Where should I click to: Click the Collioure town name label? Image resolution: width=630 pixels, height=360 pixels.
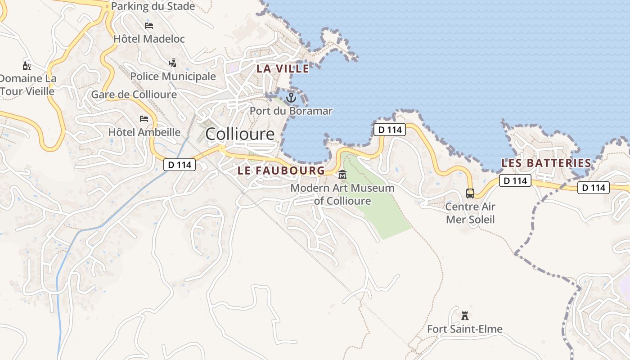point(239,134)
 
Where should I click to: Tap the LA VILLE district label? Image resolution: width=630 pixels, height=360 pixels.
point(283,69)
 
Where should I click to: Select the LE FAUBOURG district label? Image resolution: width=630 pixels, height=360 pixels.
point(281,171)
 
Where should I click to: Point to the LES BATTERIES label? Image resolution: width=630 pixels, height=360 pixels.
point(546,163)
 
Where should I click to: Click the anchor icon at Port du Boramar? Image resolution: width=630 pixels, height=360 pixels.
point(291,97)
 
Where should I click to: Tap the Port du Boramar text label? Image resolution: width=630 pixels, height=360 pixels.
point(291,111)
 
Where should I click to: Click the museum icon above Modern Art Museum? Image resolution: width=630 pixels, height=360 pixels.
point(342,174)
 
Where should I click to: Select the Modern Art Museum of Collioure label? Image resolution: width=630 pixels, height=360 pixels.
point(342,194)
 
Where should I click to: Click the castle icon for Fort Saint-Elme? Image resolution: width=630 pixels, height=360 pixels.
point(465,315)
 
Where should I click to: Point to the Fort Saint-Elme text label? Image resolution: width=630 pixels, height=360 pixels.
point(465,329)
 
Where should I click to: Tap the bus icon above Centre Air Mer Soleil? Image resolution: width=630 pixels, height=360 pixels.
point(470,193)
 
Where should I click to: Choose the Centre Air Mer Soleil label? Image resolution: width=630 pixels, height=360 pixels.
point(470,213)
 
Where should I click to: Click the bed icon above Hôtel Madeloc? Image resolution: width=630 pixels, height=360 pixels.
point(149,25)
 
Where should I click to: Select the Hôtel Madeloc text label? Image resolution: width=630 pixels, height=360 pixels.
point(149,39)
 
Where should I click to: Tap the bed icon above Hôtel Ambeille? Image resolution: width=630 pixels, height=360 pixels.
point(144,119)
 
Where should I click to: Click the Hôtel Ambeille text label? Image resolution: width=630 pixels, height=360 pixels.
point(144,132)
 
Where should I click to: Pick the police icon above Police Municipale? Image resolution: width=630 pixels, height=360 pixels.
point(172,63)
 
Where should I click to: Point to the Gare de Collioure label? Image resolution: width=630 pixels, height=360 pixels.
point(134,94)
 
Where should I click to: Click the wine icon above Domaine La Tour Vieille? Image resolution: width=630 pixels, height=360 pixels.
point(27,66)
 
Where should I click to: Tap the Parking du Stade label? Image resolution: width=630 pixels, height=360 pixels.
point(153,6)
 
